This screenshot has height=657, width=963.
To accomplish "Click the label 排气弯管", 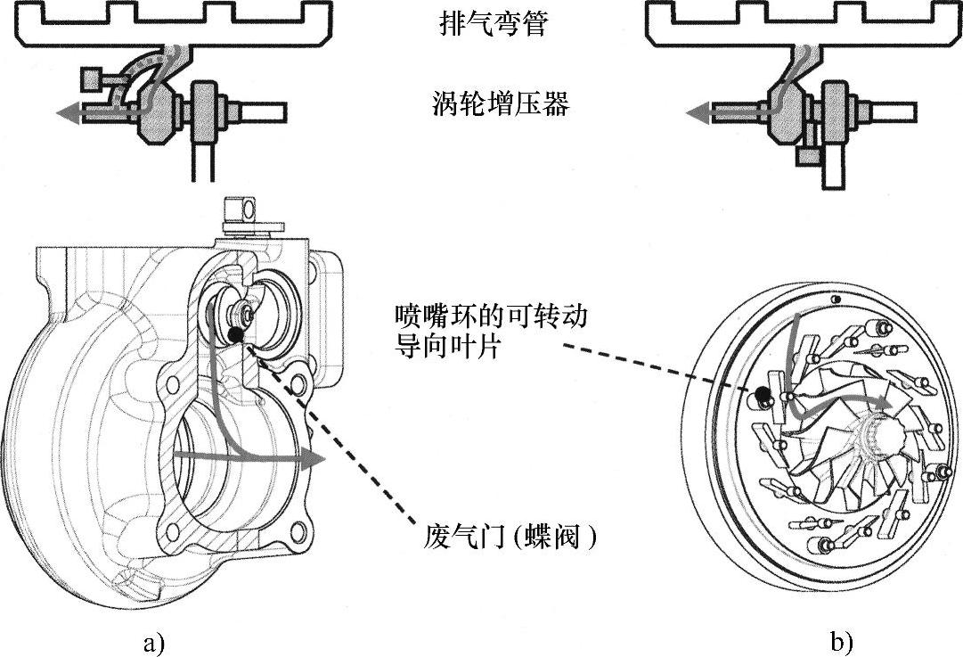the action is click(493, 24).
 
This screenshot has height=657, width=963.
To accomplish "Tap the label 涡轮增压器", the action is click(501, 103).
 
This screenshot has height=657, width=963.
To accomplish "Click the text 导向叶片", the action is click(447, 348).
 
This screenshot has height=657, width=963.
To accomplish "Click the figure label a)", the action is click(153, 644).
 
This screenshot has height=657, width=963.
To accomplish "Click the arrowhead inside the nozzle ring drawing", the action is click(882, 403).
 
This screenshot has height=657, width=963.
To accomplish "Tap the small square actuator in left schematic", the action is click(91, 78).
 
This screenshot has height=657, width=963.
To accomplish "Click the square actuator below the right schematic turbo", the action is click(806, 156).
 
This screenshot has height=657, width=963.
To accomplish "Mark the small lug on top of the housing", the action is click(241, 209).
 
